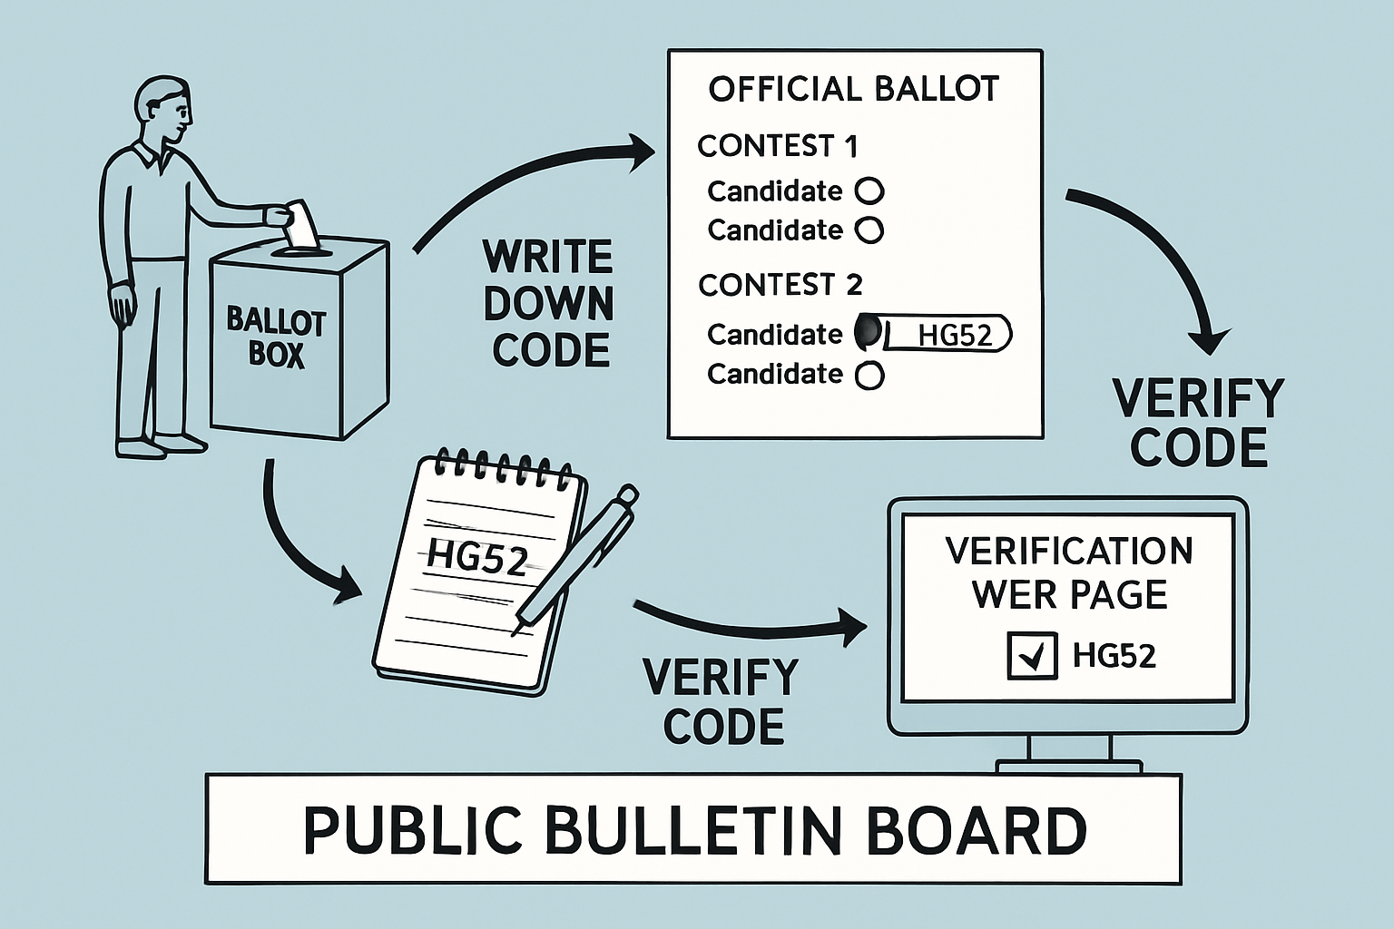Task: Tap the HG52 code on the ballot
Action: [954, 335]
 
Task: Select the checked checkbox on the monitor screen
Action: [1032, 655]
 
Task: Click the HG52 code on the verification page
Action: [1114, 655]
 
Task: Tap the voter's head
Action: [164, 108]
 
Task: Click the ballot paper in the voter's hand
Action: [300, 223]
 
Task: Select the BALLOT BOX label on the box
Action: [276, 337]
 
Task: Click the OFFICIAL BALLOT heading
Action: [853, 89]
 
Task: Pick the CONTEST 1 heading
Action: [777, 146]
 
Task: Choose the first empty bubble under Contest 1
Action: [869, 191]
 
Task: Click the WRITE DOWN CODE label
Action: [549, 304]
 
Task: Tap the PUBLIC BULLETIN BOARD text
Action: [694, 830]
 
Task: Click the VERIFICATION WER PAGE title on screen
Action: [1069, 572]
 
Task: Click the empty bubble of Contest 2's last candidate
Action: [869, 375]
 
